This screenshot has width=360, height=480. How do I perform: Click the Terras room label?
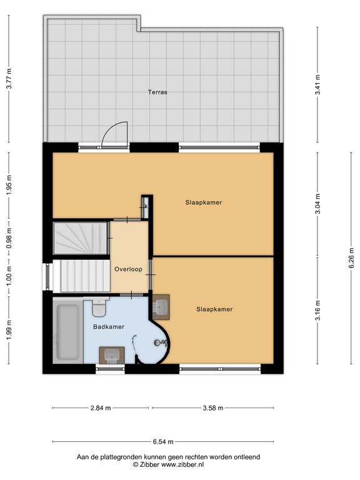pyautogui.click(x=157, y=92)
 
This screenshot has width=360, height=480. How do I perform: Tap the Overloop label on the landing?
pyautogui.click(x=128, y=269)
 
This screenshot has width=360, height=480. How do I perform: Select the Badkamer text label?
pyautogui.click(x=109, y=327)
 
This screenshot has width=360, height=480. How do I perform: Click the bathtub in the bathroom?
pyautogui.click(x=67, y=332)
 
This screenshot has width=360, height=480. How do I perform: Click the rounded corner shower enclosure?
pyautogui.click(x=152, y=342)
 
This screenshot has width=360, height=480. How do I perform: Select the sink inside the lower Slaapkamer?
pyautogui.click(x=161, y=307)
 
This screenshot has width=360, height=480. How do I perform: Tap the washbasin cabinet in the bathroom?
pyautogui.click(x=112, y=355)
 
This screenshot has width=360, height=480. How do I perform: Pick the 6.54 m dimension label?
pyautogui.click(x=163, y=441)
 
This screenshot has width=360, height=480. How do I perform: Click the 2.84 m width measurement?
pyautogui.click(x=101, y=407)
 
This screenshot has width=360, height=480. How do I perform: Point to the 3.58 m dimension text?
pyautogui.click(x=213, y=407)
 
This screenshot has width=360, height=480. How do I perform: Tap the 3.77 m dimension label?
pyautogui.click(x=9, y=78)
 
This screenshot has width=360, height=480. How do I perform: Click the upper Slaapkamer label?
pyautogui.click(x=204, y=202)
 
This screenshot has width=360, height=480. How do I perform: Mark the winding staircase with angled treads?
pyautogui.click(x=80, y=238)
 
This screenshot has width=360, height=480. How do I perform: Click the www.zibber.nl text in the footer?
pyautogui.click(x=182, y=464)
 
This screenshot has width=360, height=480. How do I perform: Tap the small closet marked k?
pyautogui.click(x=146, y=207)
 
